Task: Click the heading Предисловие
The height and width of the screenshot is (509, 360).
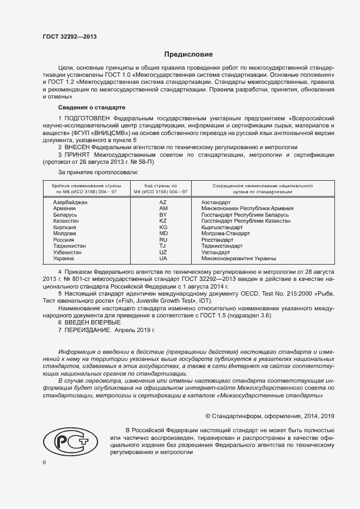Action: [188, 54]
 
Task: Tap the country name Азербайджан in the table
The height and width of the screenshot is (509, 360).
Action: [70, 202]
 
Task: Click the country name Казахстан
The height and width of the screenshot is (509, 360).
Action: [66, 221]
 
